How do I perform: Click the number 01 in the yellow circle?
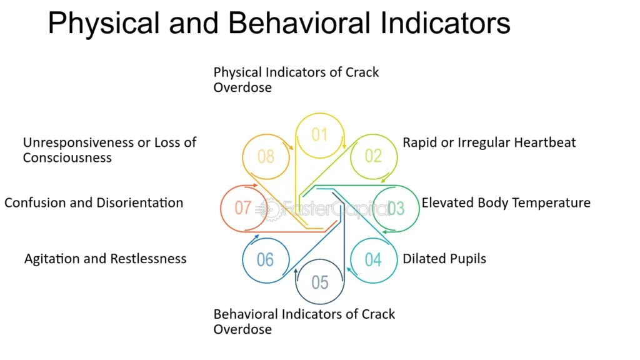[x=319, y=135]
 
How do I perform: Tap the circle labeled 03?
[x=418, y=208]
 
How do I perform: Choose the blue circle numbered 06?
[x=243, y=260]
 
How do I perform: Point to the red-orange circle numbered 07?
[x=221, y=208]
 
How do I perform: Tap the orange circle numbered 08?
[x=243, y=156]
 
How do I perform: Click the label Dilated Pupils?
[x=444, y=259]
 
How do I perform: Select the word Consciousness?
[x=67, y=157]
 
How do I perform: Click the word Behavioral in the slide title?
[x=299, y=23]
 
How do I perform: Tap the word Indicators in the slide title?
[x=445, y=23]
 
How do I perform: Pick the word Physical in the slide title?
[x=104, y=24]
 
